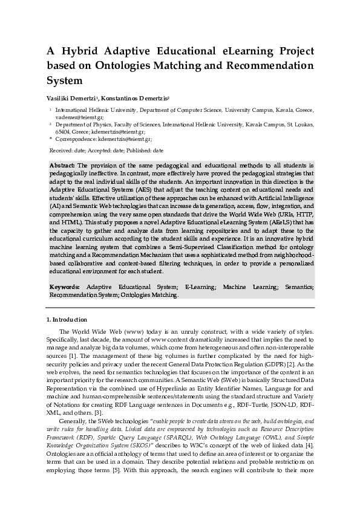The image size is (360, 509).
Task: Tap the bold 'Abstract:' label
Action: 62,165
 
